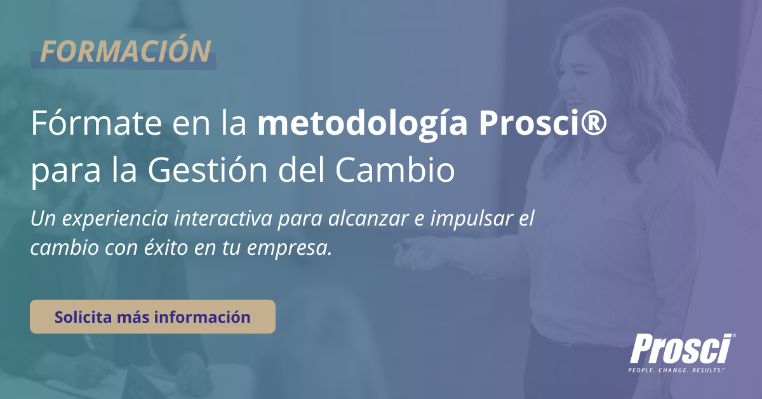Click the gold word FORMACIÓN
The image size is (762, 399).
(126, 51)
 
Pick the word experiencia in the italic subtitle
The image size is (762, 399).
(115, 219)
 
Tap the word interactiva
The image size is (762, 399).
(223, 218)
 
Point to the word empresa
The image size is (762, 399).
(289, 248)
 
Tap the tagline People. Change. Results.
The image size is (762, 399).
(676, 370)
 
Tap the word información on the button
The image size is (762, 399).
(203, 317)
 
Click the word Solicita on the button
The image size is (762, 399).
(83, 317)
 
